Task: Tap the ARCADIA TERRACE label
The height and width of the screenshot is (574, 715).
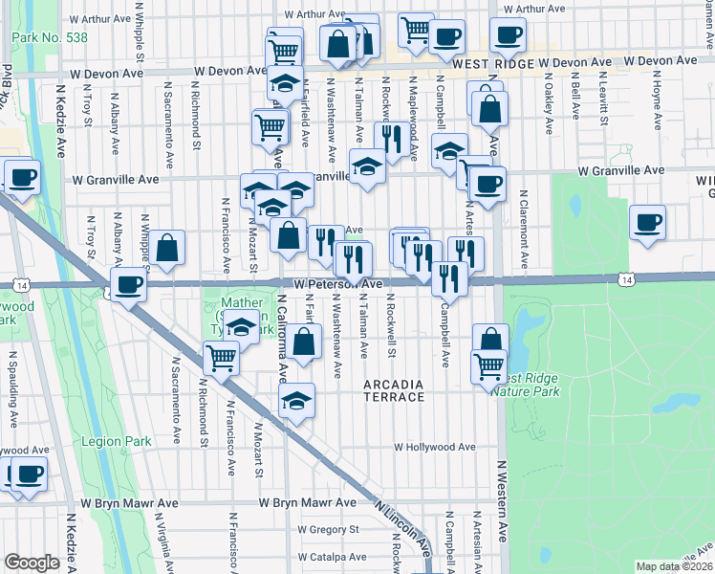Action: coord(393,390)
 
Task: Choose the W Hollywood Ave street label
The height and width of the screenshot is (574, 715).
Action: coord(435,447)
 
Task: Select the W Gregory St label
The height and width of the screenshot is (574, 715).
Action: coord(328,528)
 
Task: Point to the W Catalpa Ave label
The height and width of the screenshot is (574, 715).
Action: coord(332,557)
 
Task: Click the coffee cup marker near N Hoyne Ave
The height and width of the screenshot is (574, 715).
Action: coord(648,223)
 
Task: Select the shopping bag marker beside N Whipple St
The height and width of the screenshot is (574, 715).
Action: coord(167,248)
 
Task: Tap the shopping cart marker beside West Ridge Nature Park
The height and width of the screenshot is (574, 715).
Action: coord(488,365)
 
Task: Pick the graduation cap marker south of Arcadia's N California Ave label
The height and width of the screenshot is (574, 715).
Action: coord(297,400)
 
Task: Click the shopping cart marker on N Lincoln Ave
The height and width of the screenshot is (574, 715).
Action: coord(221,359)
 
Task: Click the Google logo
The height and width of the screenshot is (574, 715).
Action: coord(32,563)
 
